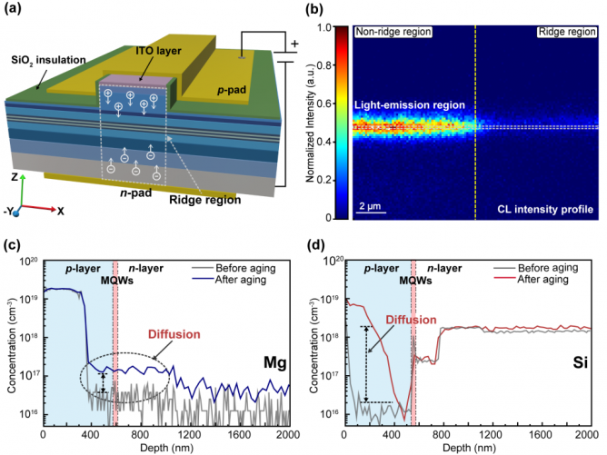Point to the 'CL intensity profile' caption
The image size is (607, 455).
pos(548,210)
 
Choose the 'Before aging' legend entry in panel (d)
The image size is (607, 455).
pos(547,269)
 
